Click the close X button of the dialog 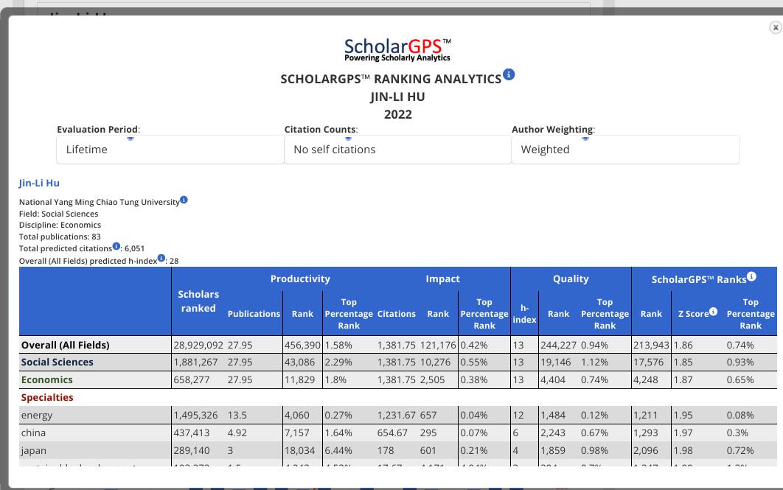click(775, 27)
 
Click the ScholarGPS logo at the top click(397, 49)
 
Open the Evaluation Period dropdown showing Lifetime click(170, 150)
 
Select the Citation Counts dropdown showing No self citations click(397, 150)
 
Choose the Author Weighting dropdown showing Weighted click(625, 150)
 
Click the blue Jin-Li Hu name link click(39, 183)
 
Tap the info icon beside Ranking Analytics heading click(509, 74)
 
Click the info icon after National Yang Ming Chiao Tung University click(184, 200)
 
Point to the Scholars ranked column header click(198, 301)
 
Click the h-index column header click(524, 313)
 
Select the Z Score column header click(694, 313)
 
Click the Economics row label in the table click(47, 379)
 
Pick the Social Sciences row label click(58, 362)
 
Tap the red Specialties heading click(47, 397)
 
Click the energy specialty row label click(37, 415)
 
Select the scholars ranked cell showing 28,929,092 click(198, 345)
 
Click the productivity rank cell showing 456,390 click(302, 345)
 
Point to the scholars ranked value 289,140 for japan click(192, 450)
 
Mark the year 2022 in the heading click(398, 114)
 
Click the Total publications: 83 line click(60, 237)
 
